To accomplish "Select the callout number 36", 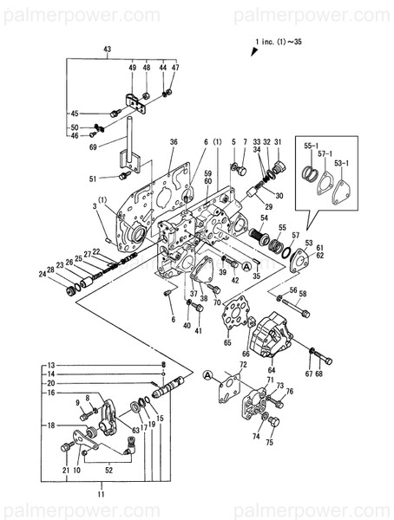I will point(174,141).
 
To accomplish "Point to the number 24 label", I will point(41,275).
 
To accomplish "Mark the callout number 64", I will point(273,370).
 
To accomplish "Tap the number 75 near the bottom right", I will point(269,442).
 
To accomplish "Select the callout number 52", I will point(108,470).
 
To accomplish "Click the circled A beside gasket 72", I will point(207,374).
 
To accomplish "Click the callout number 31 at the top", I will point(279,141).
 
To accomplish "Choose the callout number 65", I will point(228,343).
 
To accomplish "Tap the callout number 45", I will point(76,114).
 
